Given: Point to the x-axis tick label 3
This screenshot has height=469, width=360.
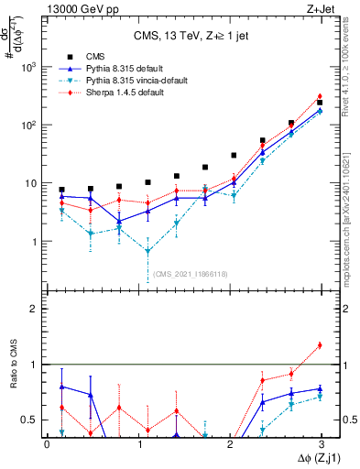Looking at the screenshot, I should click(x=320, y=443).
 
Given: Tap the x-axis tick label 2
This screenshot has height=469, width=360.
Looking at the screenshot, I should click(x=229, y=443).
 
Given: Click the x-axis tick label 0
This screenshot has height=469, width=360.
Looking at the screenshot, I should click(x=47, y=443).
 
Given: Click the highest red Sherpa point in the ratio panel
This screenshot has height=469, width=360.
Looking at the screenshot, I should click(x=319, y=345).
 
